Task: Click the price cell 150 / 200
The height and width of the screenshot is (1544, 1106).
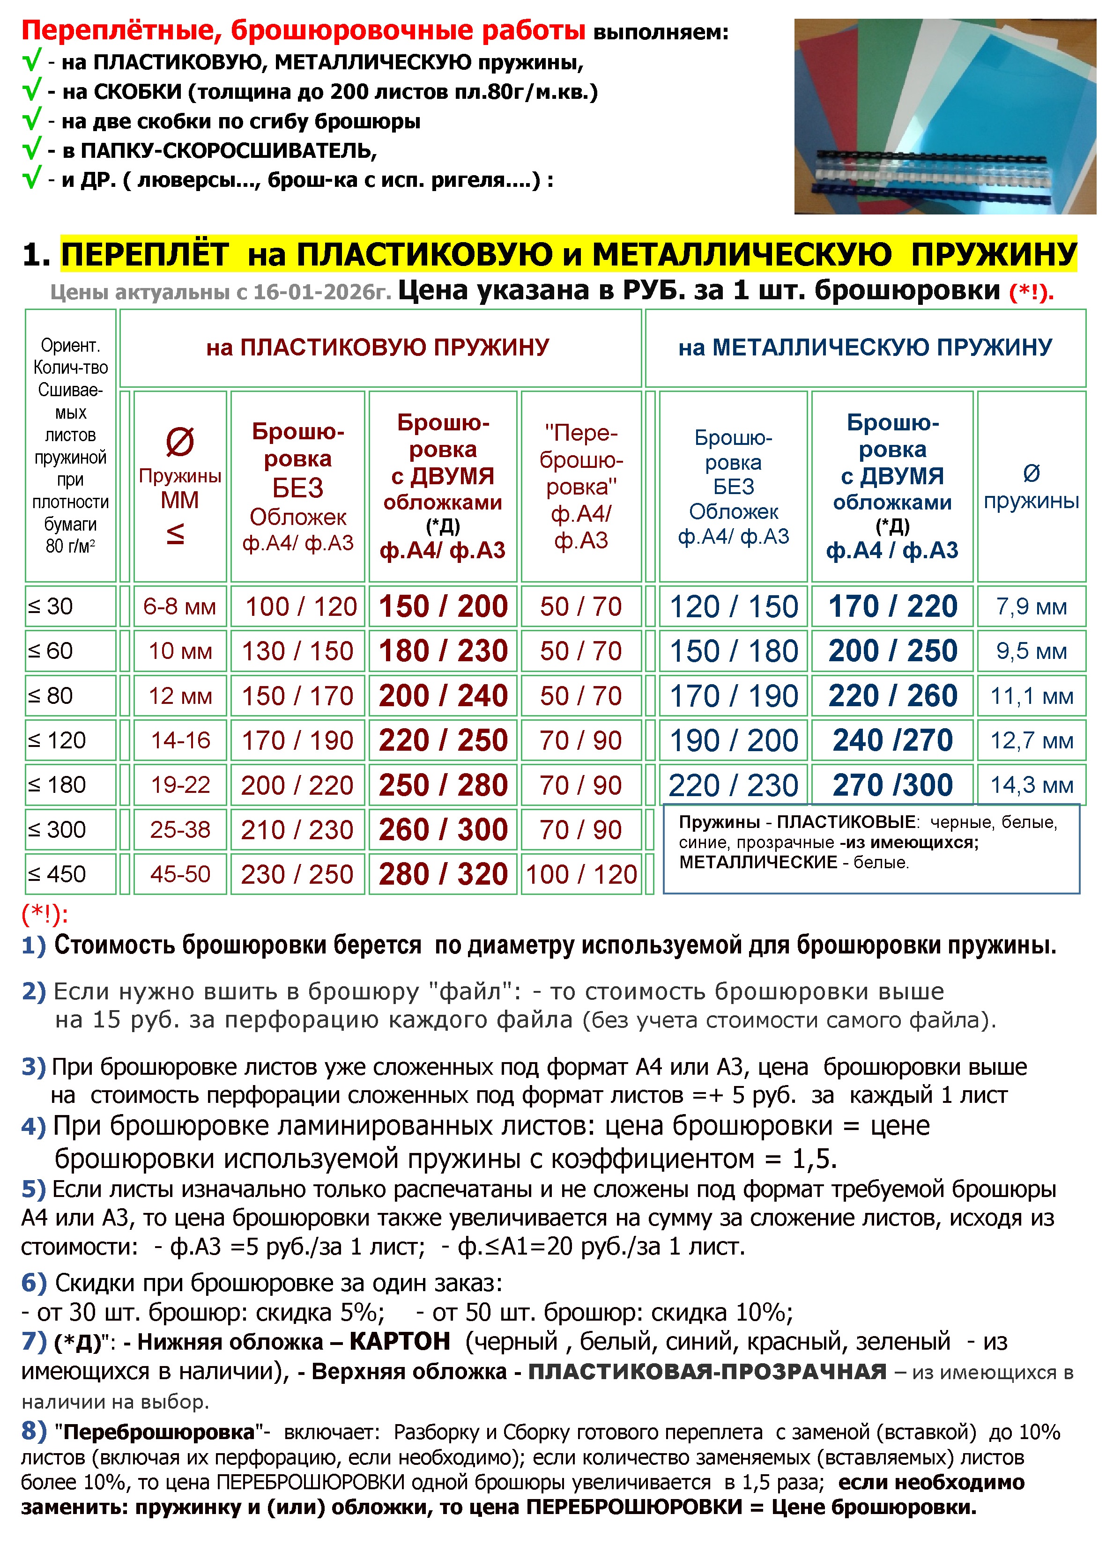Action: point(443,606)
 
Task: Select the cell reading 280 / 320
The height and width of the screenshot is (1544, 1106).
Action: point(443,875)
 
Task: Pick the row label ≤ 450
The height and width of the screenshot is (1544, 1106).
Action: point(57,875)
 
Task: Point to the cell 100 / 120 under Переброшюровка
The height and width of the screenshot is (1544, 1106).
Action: point(581,875)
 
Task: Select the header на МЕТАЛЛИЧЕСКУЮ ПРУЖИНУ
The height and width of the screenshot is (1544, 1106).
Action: point(865,348)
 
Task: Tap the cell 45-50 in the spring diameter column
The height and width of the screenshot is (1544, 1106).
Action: point(180,875)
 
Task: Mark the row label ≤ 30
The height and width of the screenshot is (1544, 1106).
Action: point(51,606)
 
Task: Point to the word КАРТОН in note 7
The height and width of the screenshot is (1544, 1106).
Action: point(400,1342)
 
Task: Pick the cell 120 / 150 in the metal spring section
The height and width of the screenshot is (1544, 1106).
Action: point(734,606)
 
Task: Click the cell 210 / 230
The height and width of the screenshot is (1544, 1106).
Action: point(297,830)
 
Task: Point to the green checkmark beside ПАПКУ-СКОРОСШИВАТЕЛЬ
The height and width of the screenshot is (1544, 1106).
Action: point(31,148)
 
